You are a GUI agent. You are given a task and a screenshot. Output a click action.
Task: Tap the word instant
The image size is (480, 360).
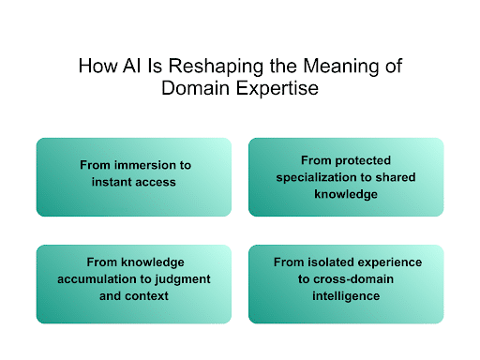(112, 181)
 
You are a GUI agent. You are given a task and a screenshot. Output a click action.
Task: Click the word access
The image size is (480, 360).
(156, 181)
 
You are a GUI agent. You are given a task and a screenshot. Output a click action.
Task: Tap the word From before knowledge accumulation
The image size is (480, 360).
(102, 262)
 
